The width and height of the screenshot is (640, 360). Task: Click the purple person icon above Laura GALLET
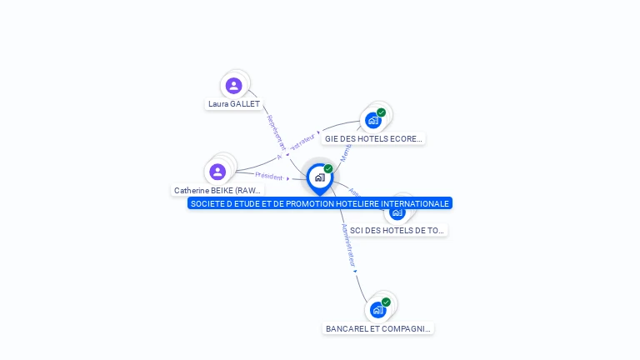pyautogui.click(x=234, y=85)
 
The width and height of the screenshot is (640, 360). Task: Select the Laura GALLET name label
pyautogui.click(x=234, y=104)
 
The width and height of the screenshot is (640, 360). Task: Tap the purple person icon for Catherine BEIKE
pyautogui.click(x=218, y=172)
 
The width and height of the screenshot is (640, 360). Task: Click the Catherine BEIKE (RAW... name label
pyautogui.click(x=217, y=190)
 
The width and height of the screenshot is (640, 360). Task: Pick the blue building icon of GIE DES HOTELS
pyautogui.click(x=373, y=120)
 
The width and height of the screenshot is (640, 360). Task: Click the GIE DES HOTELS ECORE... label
pyautogui.click(x=373, y=138)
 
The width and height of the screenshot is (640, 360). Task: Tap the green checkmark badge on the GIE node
pyautogui.click(x=381, y=112)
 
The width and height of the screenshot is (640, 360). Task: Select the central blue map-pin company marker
pyautogui.click(x=319, y=177)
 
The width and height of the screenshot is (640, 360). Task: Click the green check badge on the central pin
pyautogui.click(x=328, y=169)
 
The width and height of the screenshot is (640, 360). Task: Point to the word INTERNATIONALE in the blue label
pyautogui.click(x=411, y=203)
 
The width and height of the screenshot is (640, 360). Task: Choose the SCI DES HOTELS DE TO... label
pyautogui.click(x=397, y=230)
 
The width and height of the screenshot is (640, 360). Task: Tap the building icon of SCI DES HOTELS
pyautogui.click(x=397, y=212)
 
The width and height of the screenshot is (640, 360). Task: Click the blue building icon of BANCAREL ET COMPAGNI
pyautogui.click(x=377, y=310)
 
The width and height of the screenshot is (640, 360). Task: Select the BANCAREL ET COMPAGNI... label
pyautogui.click(x=378, y=328)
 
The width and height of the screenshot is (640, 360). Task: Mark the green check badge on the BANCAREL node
pyautogui.click(x=386, y=302)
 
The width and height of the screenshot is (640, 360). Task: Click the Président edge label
pyautogui.click(x=269, y=176)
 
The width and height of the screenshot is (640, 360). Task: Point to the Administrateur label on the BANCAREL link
pyautogui.click(x=349, y=245)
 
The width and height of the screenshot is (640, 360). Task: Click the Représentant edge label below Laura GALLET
pyautogui.click(x=276, y=132)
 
